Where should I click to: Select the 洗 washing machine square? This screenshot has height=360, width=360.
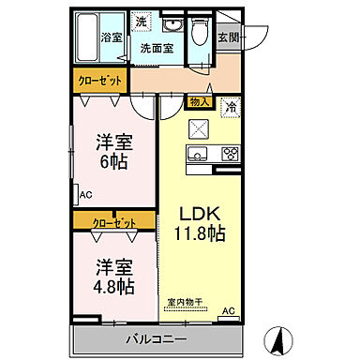coord(140,22)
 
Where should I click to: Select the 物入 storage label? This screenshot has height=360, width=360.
coord(198,101)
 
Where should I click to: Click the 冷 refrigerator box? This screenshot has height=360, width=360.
coord(230,107)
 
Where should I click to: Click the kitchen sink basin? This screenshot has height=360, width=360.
coord(199,154)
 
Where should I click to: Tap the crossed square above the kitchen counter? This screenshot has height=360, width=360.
coord(199,129)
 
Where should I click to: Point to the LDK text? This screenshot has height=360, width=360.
coord(199,212)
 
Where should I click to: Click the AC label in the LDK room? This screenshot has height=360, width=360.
coord(228,311)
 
